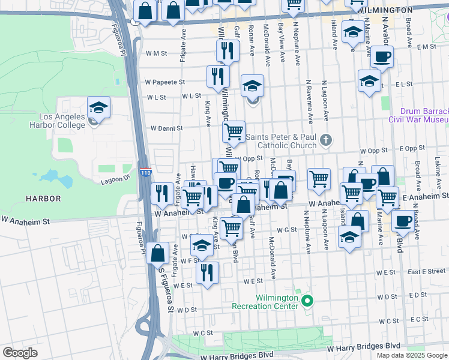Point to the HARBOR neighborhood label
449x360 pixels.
point(43,198)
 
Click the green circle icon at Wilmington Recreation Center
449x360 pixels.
point(308,301)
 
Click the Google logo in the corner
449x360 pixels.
point(20,353)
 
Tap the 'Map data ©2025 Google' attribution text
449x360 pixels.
point(411,355)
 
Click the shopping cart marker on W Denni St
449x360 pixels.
point(234,131)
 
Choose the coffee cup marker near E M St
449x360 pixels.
point(382,58)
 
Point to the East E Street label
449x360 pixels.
point(425,272)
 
